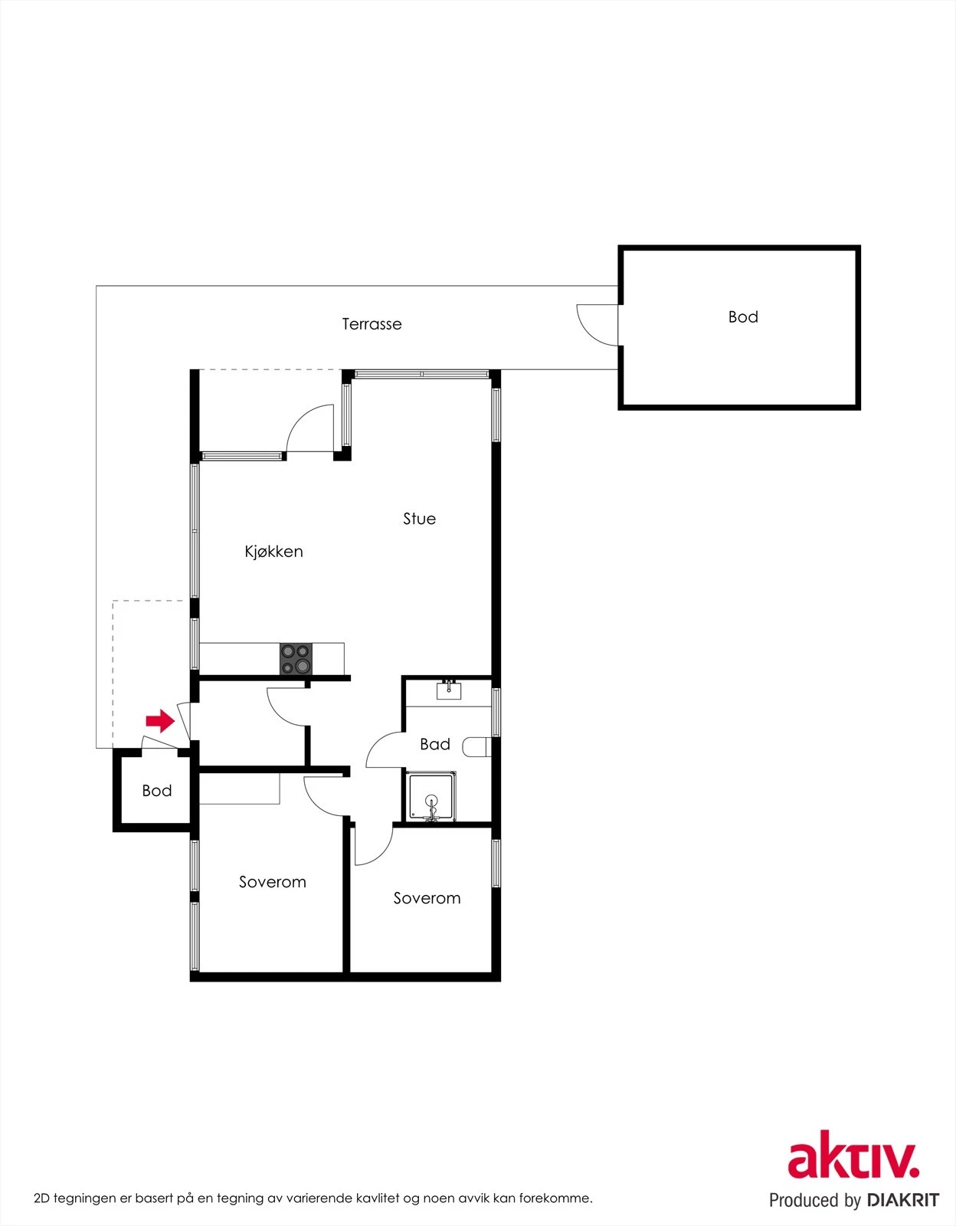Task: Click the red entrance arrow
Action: click(x=160, y=720)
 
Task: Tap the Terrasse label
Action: click(x=372, y=324)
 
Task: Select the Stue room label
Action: click(x=419, y=519)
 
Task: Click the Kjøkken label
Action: click(x=273, y=552)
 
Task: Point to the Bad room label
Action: click(x=434, y=744)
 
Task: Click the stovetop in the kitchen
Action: click(x=296, y=659)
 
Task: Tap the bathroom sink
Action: click(x=448, y=691)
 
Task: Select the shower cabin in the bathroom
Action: click(x=431, y=797)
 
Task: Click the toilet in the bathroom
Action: click(x=477, y=746)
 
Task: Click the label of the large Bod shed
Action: click(x=743, y=317)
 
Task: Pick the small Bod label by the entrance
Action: click(x=157, y=791)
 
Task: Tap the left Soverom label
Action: click(x=272, y=882)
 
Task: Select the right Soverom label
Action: click(x=427, y=898)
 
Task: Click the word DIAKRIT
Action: click(x=902, y=1200)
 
